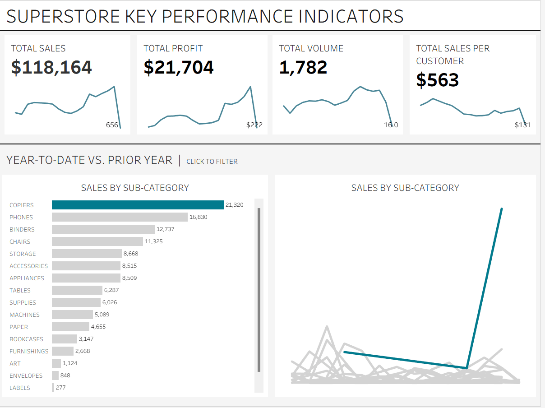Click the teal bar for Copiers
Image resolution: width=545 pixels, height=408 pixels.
click(138, 205)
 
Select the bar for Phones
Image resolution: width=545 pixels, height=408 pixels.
click(120, 217)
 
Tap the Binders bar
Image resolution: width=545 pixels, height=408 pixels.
click(103, 229)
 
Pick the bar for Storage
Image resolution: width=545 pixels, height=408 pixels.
click(87, 254)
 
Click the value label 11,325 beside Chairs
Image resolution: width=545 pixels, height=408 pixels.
click(154, 241)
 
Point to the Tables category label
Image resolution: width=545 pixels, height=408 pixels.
click(20, 290)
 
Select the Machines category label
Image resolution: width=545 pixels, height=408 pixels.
click(24, 315)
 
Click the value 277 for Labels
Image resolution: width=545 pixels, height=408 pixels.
click(61, 388)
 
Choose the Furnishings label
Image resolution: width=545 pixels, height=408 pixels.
click(29, 351)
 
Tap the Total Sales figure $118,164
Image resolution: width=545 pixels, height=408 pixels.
click(51, 67)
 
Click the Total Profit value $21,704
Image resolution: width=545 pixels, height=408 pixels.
click(179, 67)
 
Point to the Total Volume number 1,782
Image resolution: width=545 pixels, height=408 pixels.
click(303, 67)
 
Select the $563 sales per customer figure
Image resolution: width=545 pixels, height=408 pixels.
click(437, 80)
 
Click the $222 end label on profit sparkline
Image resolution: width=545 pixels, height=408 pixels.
click(254, 125)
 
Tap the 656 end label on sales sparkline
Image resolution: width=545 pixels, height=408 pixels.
click(112, 125)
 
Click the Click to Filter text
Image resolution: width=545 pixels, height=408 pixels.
click(212, 162)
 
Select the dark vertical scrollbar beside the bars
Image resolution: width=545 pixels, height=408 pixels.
click(259, 289)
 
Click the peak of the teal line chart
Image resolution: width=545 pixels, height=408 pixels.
click(501, 209)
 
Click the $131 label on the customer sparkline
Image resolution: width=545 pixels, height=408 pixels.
click(522, 125)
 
